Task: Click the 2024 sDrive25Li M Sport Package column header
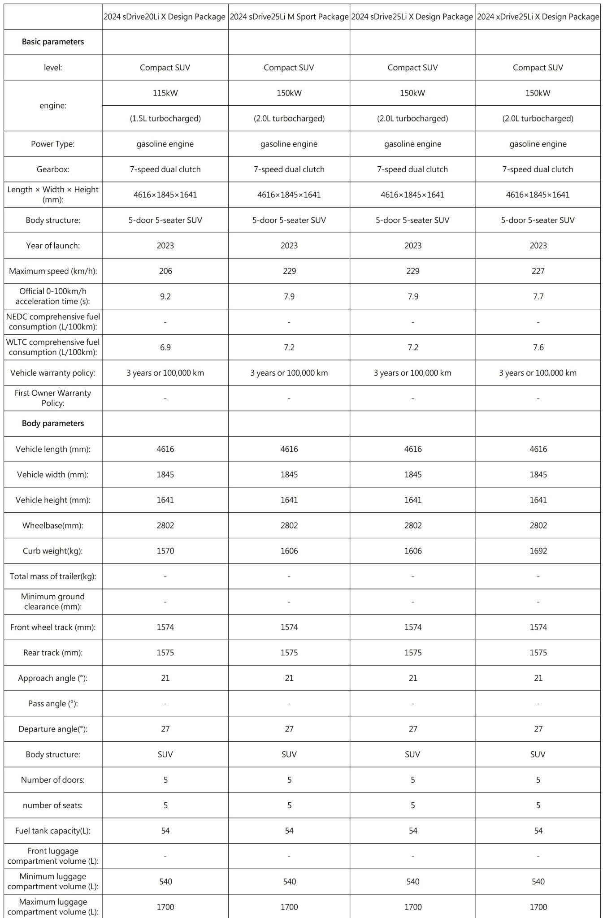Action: [x=289, y=17]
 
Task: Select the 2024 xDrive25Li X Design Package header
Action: [x=538, y=17]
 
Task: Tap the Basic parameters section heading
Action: [x=53, y=42]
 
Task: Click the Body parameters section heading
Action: [x=53, y=424]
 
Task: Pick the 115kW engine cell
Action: [x=165, y=93]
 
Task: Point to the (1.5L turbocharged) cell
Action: [x=165, y=119]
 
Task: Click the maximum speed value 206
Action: [x=165, y=271]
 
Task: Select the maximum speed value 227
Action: [x=538, y=271]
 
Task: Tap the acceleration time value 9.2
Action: [x=165, y=297]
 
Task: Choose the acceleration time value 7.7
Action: [x=538, y=297]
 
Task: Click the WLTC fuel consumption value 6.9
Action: [x=165, y=347]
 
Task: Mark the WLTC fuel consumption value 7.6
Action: [x=538, y=347]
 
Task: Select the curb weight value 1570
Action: [x=165, y=551]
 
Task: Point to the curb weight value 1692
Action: [x=538, y=551]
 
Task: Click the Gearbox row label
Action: [x=53, y=169]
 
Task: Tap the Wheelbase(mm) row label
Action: [x=53, y=525]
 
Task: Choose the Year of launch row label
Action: [x=53, y=246]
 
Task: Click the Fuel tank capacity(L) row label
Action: [x=53, y=831]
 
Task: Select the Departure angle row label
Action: [x=53, y=729]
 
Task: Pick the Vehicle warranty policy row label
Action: [x=53, y=373]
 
